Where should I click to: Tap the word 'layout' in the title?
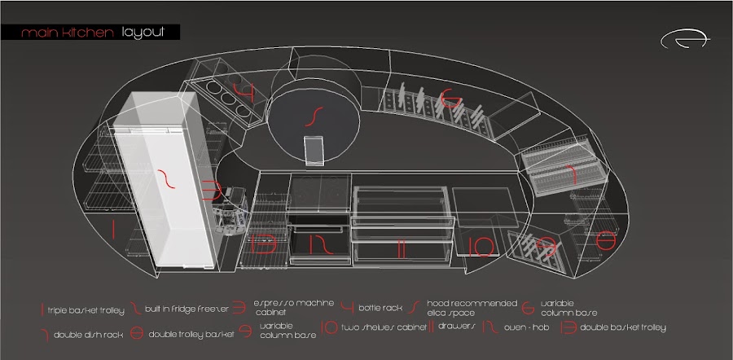(143, 33)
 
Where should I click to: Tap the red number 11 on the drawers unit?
(401, 248)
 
